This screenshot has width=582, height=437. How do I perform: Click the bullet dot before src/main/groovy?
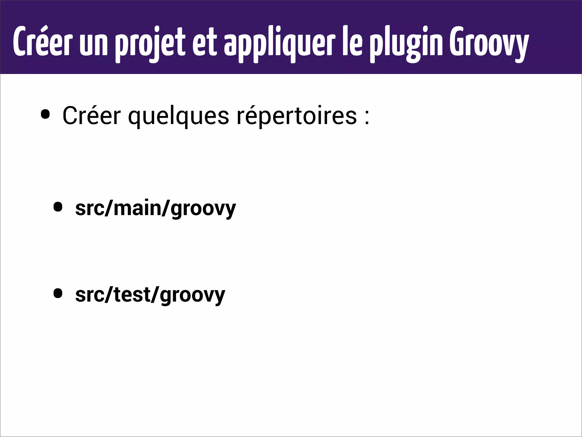pos(58,207)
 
